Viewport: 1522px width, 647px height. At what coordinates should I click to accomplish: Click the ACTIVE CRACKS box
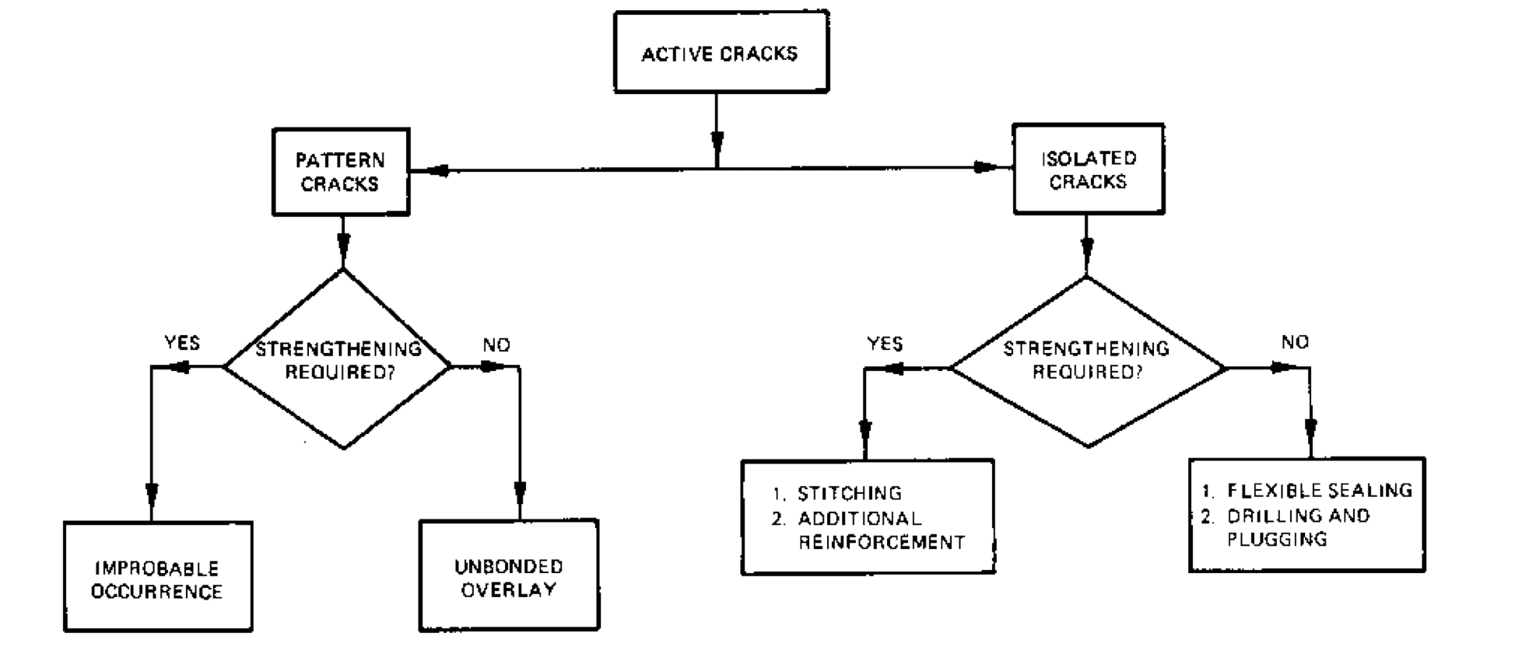721,53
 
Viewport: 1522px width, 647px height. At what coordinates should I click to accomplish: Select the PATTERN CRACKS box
340,172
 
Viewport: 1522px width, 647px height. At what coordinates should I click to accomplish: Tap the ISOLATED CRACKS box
1088,169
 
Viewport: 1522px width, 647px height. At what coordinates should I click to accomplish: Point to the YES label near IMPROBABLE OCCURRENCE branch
182,343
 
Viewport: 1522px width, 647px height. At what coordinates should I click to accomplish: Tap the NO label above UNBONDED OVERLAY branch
496,344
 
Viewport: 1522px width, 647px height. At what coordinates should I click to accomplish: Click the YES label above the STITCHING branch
885,344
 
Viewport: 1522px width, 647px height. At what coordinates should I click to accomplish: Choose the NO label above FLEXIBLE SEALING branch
1295,342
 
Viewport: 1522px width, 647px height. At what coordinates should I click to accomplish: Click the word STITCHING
849,493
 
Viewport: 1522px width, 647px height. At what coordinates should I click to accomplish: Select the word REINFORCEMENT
881,542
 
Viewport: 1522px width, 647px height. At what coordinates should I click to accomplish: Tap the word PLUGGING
1277,539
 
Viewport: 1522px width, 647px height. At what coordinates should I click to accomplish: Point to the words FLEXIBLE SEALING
1320,490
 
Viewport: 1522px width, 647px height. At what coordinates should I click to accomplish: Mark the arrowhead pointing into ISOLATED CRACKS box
987,167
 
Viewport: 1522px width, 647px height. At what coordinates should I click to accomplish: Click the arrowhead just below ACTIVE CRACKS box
717,142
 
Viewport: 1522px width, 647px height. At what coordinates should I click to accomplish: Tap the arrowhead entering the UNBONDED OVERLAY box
520,491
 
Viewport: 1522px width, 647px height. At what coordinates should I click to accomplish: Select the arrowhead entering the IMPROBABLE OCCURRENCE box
152,494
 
